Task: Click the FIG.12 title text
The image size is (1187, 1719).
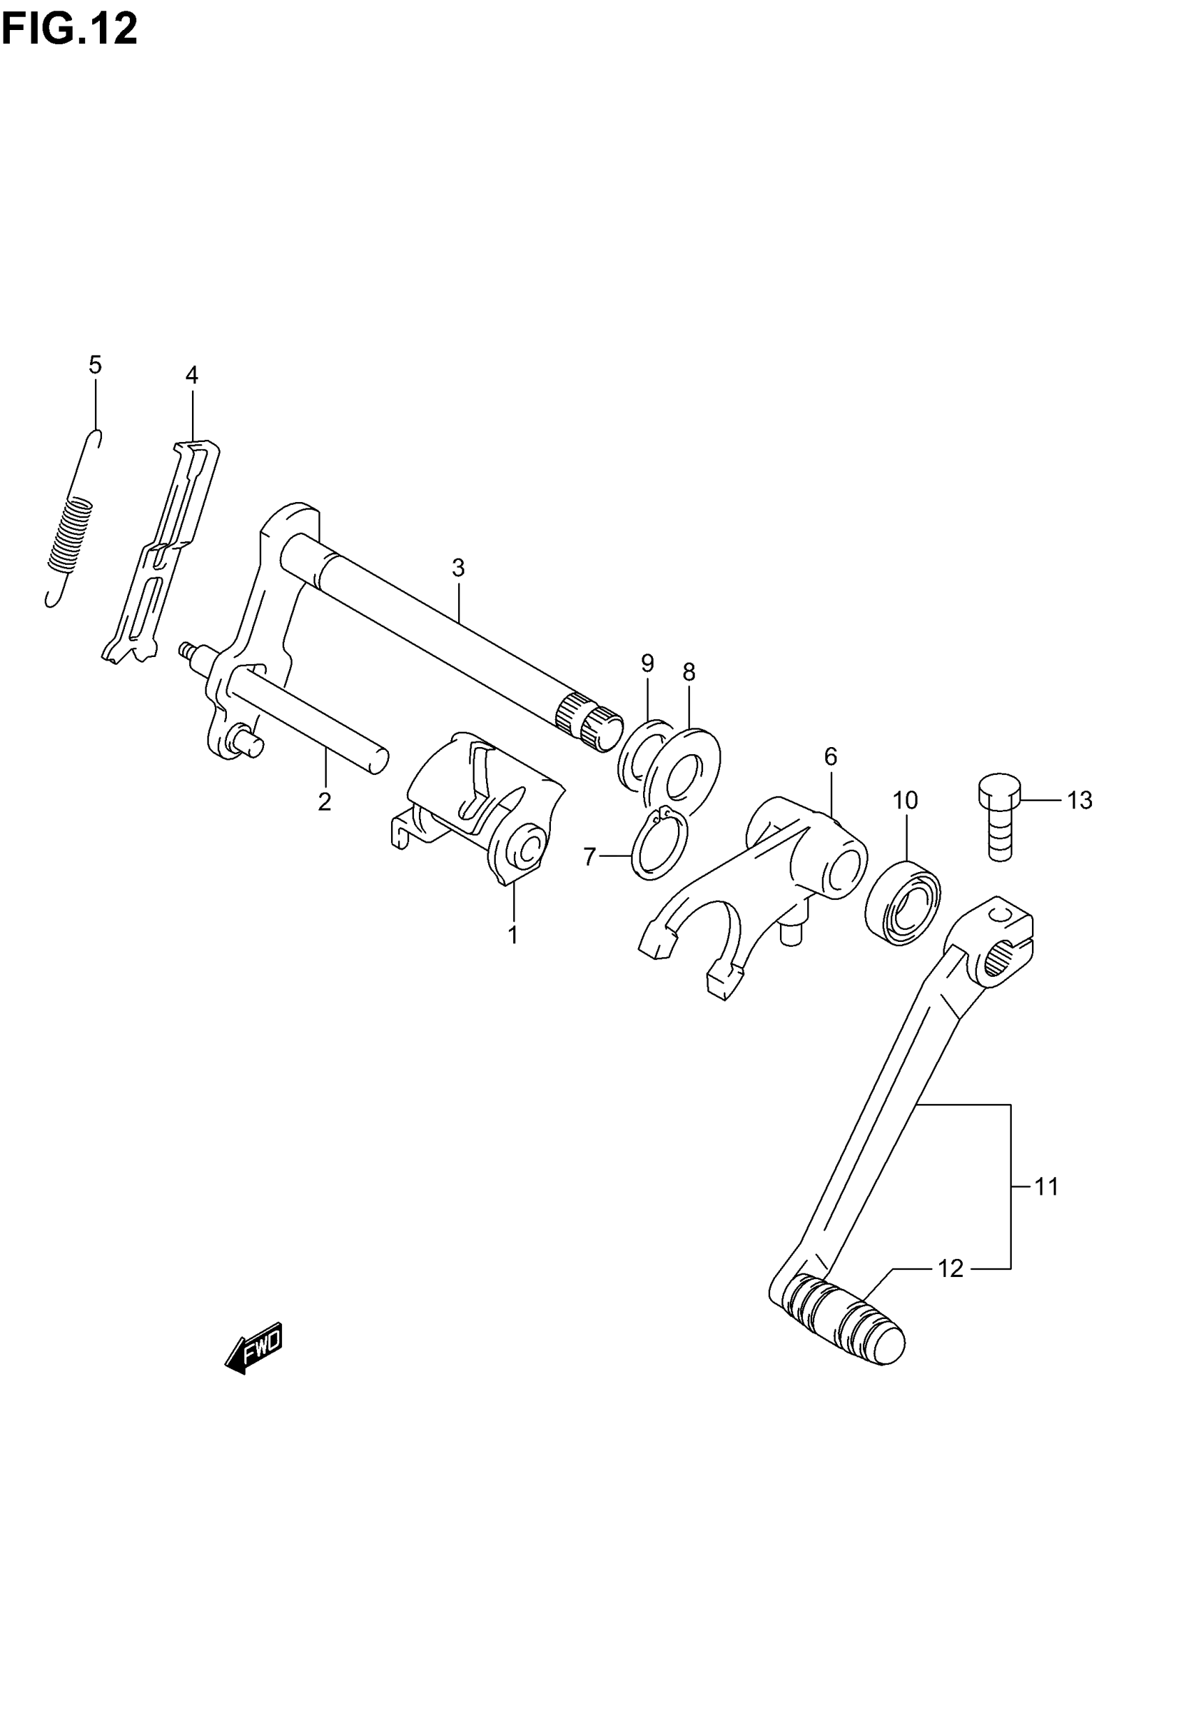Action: [x=69, y=30]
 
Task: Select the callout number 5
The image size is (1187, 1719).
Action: [x=95, y=365]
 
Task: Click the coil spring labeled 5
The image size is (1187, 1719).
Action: [x=71, y=535]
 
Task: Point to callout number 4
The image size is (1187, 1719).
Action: [x=192, y=376]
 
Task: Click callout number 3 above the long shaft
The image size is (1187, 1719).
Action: [x=458, y=568]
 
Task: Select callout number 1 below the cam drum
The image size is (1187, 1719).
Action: [x=513, y=935]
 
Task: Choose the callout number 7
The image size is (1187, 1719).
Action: [x=590, y=857]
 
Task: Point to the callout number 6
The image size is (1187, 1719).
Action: [x=831, y=757]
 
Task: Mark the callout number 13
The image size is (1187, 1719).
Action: [x=1080, y=801]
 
